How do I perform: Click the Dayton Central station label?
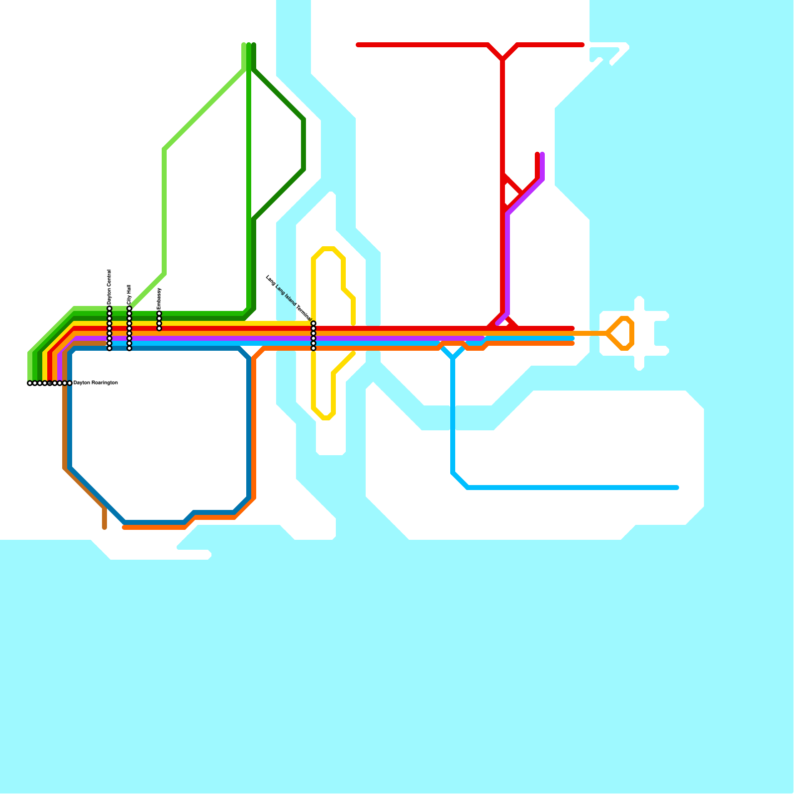coord(109,287)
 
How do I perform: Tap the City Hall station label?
coord(129,295)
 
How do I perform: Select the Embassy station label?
coord(159,298)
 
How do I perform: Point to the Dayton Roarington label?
coord(96,383)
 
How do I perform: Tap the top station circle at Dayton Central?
coord(109,309)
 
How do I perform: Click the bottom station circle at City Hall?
coord(129,348)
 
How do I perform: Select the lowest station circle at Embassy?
coord(159,328)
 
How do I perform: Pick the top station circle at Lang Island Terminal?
coord(313,323)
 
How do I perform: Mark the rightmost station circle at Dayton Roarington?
coord(70,383)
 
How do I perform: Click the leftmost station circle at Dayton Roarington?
coord(30,383)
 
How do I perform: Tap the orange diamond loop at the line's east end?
coord(621,333)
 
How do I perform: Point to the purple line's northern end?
coord(542,154)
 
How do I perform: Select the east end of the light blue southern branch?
coord(677,488)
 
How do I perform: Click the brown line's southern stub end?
coord(104,528)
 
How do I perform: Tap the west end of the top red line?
coord(358,45)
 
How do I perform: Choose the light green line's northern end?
coord(244,45)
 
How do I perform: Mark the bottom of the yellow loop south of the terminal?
coord(324,418)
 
